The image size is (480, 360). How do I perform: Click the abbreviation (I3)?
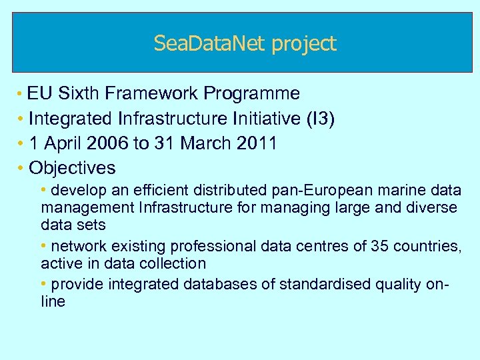pyautogui.click(x=320, y=119)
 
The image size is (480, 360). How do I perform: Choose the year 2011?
pyautogui.click(x=257, y=143)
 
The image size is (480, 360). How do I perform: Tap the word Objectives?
pyautogui.click(x=72, y=168)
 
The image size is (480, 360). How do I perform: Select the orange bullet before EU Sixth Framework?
pyautogui.click(x=21, y=93)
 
